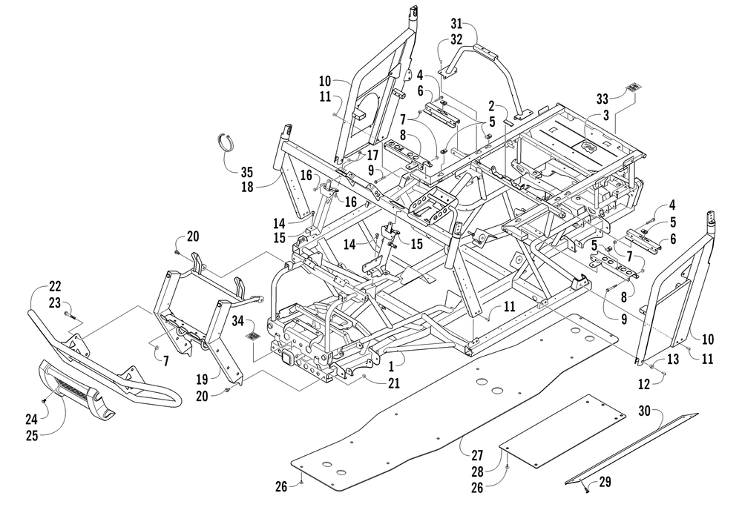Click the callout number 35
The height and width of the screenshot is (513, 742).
[246, 172]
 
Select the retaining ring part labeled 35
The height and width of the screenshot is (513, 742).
[229, 142]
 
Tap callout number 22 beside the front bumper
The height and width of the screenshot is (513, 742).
[55, 286]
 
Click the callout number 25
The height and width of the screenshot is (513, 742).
[32, 435]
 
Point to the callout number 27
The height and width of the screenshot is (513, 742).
[477, 455]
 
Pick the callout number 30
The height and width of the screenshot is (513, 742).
[645, 411]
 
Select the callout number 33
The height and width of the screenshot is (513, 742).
[602, 99]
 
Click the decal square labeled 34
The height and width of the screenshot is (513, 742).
[253, 337]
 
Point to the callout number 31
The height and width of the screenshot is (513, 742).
[456, 23]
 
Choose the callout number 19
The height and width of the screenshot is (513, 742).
[202, 379]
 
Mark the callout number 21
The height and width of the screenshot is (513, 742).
[394, 383]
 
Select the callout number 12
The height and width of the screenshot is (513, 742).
[644, 385]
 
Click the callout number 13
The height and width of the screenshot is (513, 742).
[672, 360]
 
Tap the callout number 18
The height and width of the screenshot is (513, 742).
[246, 187]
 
